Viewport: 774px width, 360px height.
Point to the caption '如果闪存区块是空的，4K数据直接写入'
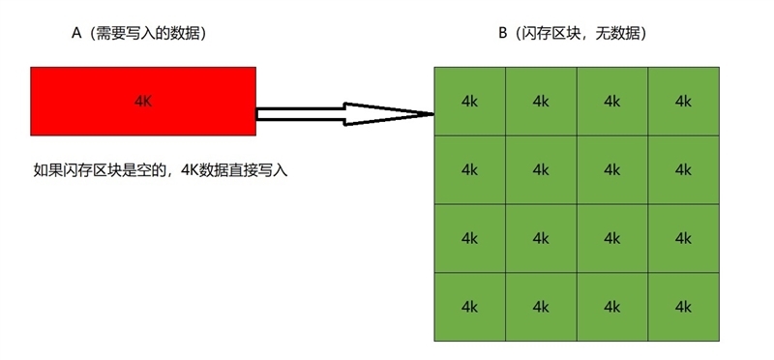coord(161,170)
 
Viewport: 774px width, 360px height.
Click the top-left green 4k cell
coord(469,101)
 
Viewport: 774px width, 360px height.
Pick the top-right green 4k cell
coord(684,101)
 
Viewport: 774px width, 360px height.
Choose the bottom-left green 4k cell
coord(469,307)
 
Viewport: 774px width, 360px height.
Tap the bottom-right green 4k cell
coord(684,307)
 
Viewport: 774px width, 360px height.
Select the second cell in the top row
coord(541,101)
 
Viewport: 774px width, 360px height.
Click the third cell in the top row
coord(611,101)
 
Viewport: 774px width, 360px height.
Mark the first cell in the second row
coord(469,169)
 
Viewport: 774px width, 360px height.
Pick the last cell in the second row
coord(684,169)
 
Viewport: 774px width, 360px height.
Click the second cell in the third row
coord(541,238)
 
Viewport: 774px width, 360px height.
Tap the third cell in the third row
coord(611,238)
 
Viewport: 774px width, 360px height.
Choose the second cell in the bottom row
coord(541,307)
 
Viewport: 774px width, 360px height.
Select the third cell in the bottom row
coord(611,307)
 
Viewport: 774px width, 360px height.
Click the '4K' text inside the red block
coord(143,101)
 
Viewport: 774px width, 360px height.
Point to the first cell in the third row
coord(469,238)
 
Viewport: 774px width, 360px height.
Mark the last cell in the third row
coord(684,238)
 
